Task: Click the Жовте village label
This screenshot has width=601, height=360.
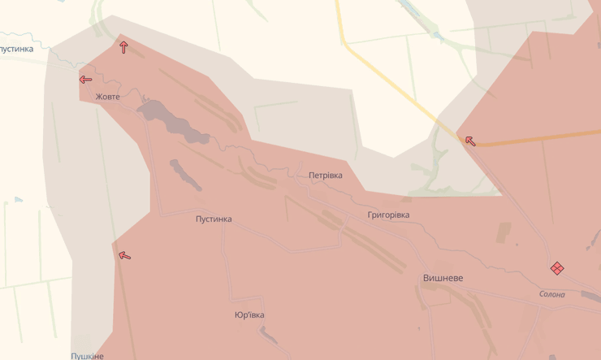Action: click(x=107, y=97)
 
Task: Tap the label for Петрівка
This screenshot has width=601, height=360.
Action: click(x=325, y=176)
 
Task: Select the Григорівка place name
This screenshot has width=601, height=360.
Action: click(x=388, y=215)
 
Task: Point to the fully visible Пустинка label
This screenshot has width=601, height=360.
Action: click(x=214, y=219)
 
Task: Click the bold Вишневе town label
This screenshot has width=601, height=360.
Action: click(x=443, y=278)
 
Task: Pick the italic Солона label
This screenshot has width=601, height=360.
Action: click(x=551, y=294)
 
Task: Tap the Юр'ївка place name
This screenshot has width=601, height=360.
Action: click(x=249, y=315)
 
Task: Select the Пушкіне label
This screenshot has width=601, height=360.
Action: click(x=87, y=356)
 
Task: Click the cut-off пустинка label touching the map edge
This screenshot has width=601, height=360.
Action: click(x=16, y=50)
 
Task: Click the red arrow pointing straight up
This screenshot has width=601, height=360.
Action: click(x=123, y=47)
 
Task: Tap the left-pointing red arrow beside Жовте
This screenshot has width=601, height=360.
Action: click(x=85, y=79)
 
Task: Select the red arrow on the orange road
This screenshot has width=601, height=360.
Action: click(x=470, y=141)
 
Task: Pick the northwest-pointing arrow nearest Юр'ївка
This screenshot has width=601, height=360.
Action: click(x=124, y=256)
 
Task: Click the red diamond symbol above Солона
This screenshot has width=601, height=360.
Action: click(x=557, y=268)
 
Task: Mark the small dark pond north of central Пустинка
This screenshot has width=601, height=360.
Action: click(x=185, y=174)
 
